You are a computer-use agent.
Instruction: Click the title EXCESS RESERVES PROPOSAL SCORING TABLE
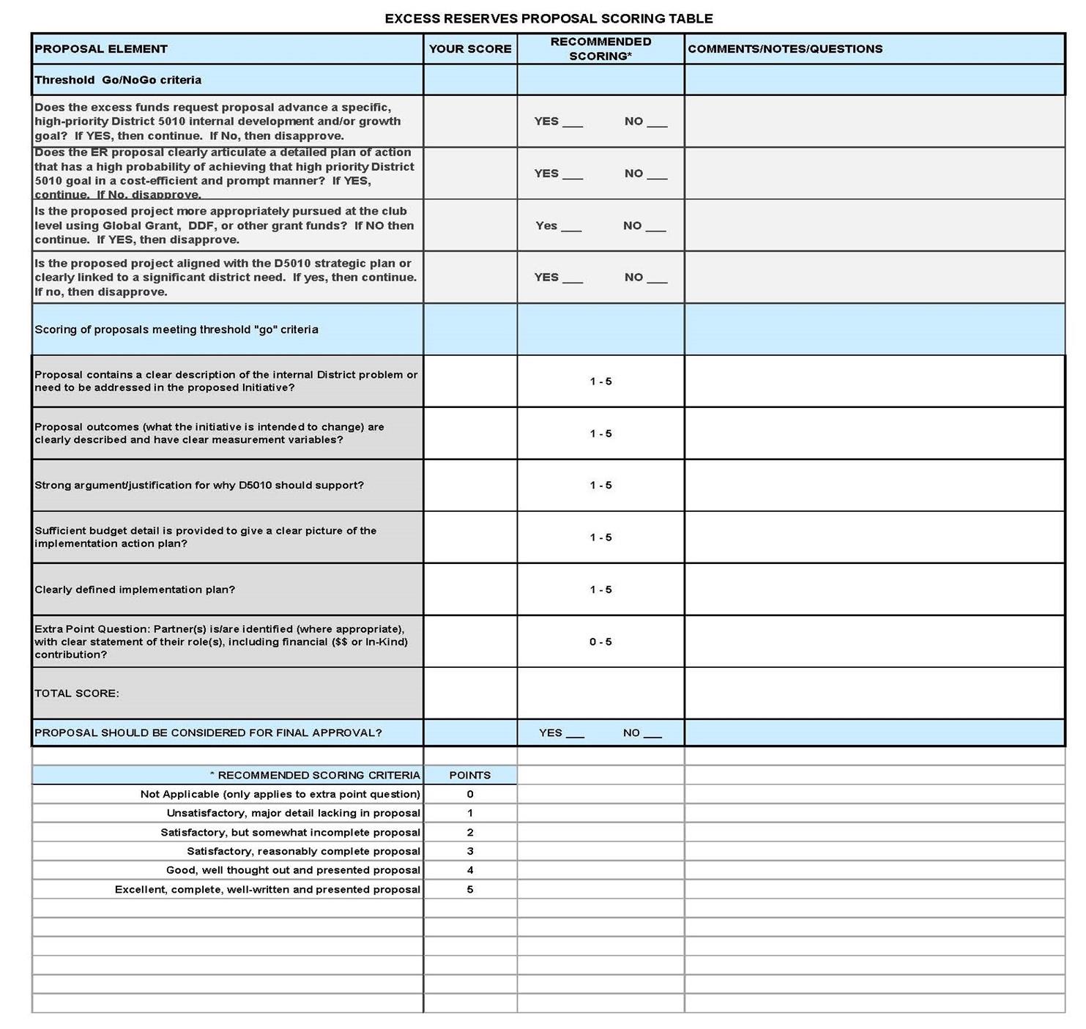coord(548,18)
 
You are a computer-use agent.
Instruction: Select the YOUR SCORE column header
coord(469,49)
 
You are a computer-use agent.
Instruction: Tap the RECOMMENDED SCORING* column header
coord(600,48)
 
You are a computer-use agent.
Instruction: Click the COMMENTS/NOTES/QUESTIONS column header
coord(785,49)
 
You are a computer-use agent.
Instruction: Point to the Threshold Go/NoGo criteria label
coord(118,80)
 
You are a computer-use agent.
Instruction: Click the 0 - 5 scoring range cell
coord(600,642)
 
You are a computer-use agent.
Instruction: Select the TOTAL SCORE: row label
coord(77,693)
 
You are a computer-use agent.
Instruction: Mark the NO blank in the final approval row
coord(652,734)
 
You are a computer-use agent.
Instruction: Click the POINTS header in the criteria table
coord(469,775)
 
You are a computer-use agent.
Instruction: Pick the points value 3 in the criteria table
coord(469,851)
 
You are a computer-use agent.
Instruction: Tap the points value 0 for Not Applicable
coord(469,794)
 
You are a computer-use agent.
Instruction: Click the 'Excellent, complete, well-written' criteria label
coord(267,889)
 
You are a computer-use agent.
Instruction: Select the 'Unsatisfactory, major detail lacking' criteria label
coord(293,813)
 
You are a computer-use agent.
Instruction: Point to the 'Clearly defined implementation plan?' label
coord(135,590)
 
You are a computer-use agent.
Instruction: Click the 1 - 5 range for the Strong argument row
coord(600,485)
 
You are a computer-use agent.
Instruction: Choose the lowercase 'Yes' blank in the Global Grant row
coord(570,227)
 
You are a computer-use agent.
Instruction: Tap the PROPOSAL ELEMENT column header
coord(101,49)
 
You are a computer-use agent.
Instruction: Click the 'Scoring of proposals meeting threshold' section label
coord(176,330)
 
